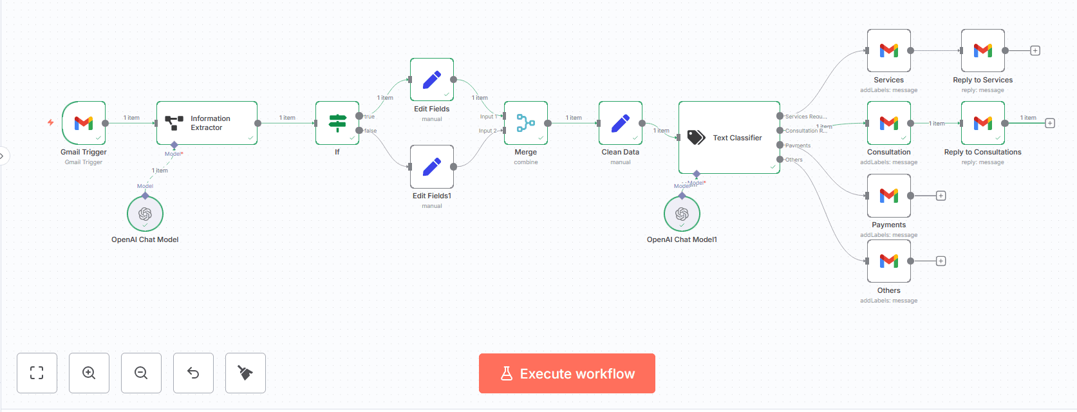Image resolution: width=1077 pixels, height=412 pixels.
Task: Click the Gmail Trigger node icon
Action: pyautogui.click(x=84, y=122)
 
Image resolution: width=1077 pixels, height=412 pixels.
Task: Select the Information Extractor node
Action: pyautogui.click(x=207, y=123)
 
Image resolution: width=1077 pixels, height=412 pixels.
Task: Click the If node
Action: pyautogui.click(x=337, y=122)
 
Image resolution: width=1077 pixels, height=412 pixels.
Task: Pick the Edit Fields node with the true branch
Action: pyautogui.click(x=432, y=80)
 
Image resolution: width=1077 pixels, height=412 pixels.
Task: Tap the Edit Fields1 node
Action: pyautogui.click(x=432, y=167)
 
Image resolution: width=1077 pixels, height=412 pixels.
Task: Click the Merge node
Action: pyautogui.click(x=526, y=122)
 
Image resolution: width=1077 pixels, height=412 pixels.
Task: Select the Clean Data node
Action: pyautogui.click(x=621, y=122)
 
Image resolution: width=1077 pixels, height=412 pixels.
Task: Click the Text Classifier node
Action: pyautogui.click(x=729, y=137)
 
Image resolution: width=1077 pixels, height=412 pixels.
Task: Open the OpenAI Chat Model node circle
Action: pyautogui.click(x=145, y=214)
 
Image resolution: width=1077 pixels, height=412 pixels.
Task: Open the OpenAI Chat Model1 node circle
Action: pyautogui.click(x=682, y=214)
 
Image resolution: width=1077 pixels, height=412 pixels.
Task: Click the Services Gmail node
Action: pyautogui.click(x=889, y=50)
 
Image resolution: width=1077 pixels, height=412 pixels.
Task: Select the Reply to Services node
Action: pyautogui.click(x=983, y=50)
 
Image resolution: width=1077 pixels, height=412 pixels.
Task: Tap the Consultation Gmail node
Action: pyautogui.click(x=889, y=122)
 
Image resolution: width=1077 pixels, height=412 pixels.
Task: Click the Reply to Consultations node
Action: pyautogui.click(x=983, y=122)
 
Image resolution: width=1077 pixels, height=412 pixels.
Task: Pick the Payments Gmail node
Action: pyautogui.click(x=889, y=196)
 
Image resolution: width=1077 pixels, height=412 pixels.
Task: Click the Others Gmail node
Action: pyautogui.click(x=889, y=261)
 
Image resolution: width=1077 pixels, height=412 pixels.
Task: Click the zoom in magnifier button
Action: pyautogui.click(x=89, y=373)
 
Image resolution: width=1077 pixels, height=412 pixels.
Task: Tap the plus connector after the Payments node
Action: pyautogui.click(x=941, y=196)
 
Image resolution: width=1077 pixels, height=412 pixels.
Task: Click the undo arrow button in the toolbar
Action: pyautogui.click(x=193, y=373)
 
